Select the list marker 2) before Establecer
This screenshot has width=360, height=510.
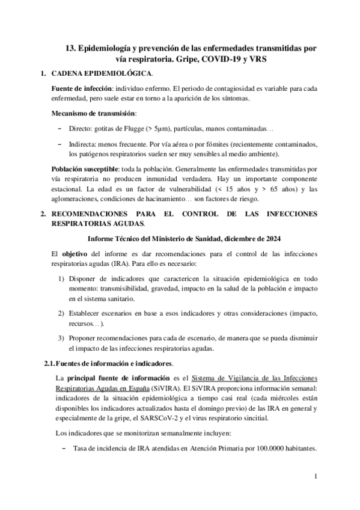(62, 314)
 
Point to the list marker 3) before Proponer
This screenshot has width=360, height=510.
(62, 339)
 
